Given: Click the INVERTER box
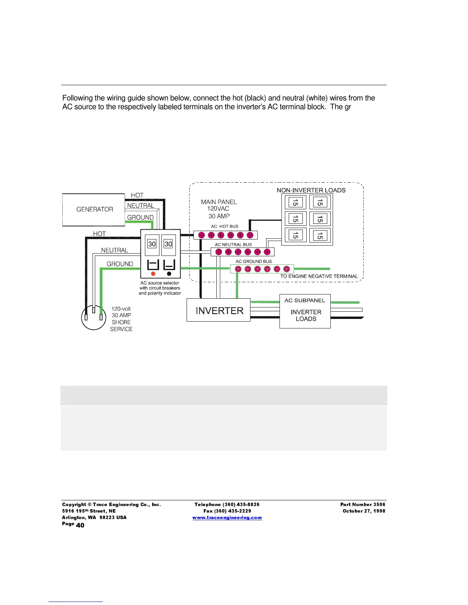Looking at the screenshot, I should pyautogui.click(x=219, y=311).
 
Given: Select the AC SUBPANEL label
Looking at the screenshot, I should pyautogui.click(x=305, y=301).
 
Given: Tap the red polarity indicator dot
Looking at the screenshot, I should pyautogui.click(x=153, y=274).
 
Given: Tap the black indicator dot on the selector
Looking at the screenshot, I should pyautogui.click(x=169, y=274).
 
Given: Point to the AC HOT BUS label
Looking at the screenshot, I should pyautogui.click(x=224, y=226).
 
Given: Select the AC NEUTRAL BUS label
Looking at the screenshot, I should pyautogui.click(x=233, y=245).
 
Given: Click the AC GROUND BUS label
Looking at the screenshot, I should pyautogui.click(x=253, y=262).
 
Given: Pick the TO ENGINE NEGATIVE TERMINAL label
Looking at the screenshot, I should pyautogui.click(x=319, y=277).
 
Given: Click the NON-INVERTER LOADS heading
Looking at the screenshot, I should pyautogui.click(x=311, y=190).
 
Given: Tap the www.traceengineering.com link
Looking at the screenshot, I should pyautogui.click(x=227, y=518).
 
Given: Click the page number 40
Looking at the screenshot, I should pyautogui.click(x=80, y=525).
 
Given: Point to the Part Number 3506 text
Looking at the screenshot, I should pyautogui.click(x=363, y=505).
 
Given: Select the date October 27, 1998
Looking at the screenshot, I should pyautogui.click(x=364, y=511).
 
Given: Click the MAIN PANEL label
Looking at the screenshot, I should pyautogui.click(x=219, y=202).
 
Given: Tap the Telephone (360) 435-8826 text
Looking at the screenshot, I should pyautogui.click(x=227, y=505).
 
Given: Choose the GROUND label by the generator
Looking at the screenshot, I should pyautogui.click(x=140, y=218).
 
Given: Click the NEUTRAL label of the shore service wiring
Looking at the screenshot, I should pyautogui.click(x=115, y=251).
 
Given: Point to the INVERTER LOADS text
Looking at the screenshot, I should pyautogui.click(x=306, y=315).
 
